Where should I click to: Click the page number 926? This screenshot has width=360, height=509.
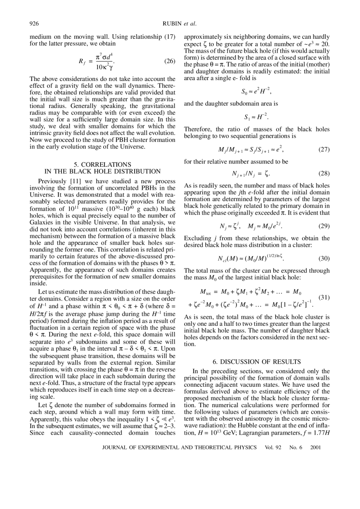click(35, 23)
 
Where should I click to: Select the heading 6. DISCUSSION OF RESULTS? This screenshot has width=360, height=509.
click(257, 362)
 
